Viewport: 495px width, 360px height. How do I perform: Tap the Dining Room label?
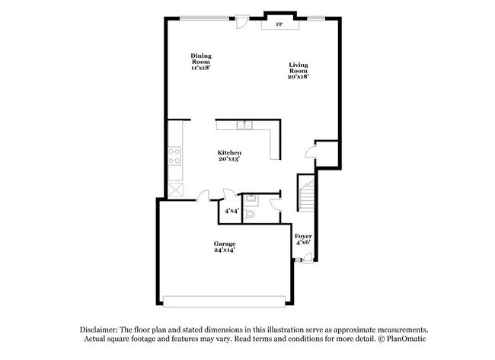(201, 56)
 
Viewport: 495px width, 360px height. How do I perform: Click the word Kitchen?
(229, 153)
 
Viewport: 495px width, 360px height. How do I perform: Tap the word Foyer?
(304, 236)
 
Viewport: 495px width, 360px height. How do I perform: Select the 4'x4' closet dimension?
(229, 211)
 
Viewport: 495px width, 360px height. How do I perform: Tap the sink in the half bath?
(254, 199)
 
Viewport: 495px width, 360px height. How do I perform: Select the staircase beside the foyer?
(305, 196)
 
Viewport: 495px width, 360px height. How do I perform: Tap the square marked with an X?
(175, 191)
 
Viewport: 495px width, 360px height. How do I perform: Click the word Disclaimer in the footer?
(104, 328)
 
